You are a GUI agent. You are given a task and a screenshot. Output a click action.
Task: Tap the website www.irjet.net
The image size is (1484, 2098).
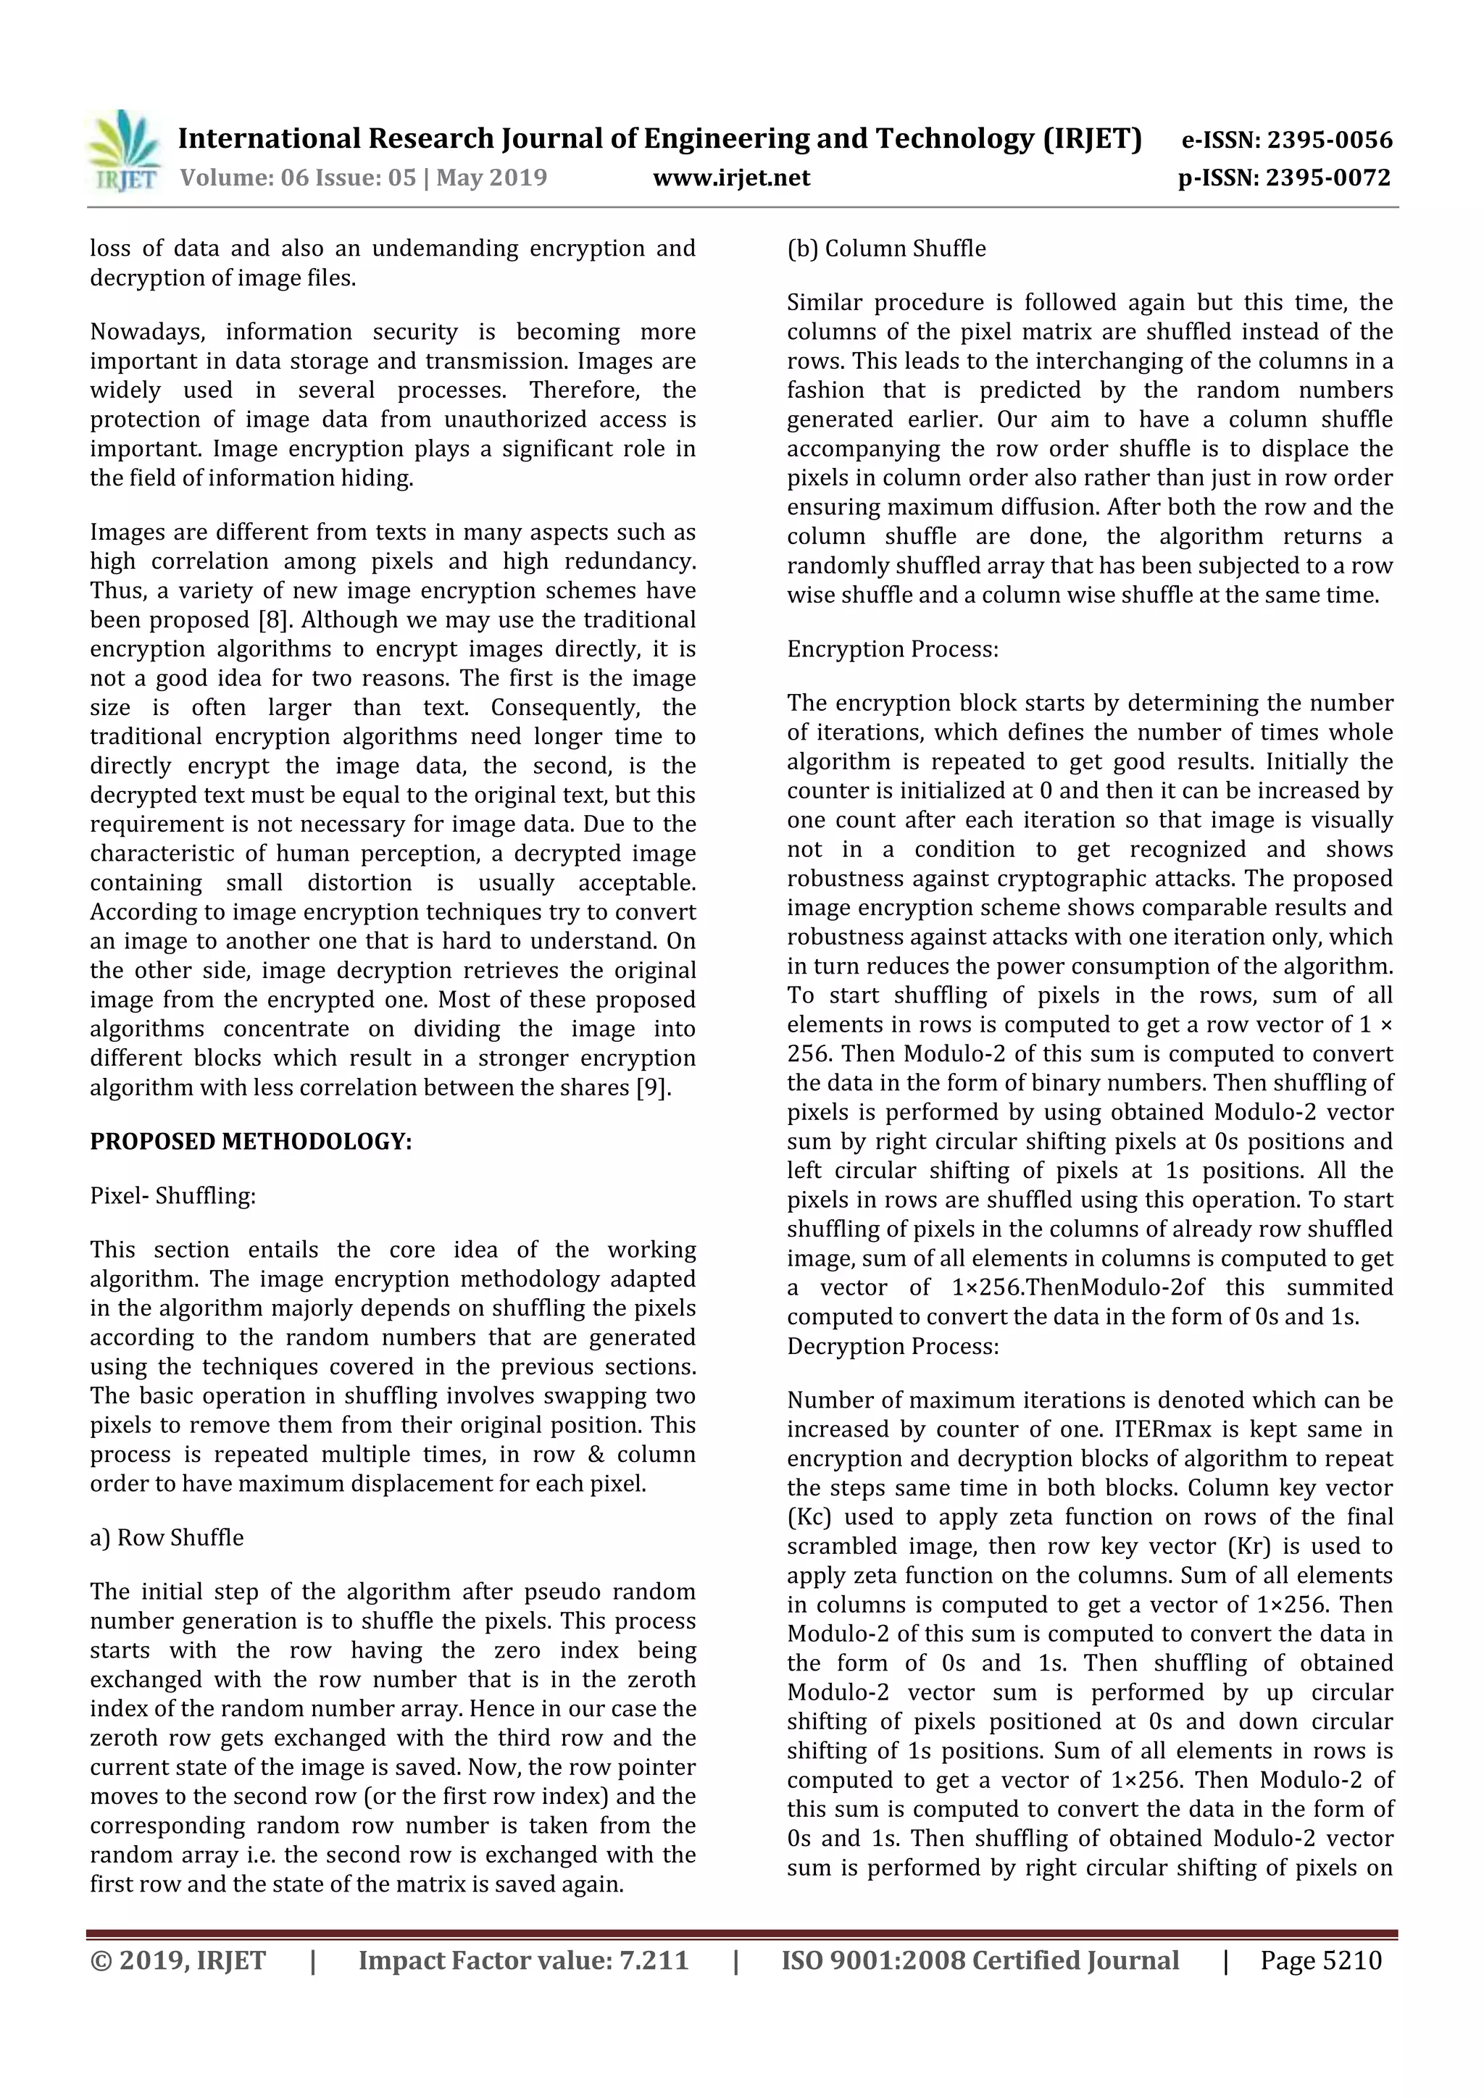(x=731, y=177)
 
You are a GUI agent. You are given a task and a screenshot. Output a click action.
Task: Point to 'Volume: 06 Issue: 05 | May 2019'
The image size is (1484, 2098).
(x=363, y=177)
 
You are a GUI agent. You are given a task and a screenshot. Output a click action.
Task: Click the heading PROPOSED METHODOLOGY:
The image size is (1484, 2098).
(x=251, y=1141)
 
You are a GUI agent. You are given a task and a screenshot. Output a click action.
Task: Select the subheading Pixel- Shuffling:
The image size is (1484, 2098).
(x=172, y=1195)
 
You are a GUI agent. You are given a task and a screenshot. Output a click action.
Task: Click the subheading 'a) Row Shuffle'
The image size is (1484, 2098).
(x=167, y=1537)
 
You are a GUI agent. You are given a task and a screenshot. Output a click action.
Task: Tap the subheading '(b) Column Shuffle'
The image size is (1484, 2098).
(x=886, y=248)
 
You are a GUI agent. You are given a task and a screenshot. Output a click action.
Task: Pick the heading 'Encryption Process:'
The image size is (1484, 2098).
(x=893, y=649)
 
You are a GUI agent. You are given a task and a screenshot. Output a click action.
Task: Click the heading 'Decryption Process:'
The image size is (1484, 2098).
(x=893, y=1346)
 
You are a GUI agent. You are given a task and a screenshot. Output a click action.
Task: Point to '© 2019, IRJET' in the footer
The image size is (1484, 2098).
(x=178, y=1960)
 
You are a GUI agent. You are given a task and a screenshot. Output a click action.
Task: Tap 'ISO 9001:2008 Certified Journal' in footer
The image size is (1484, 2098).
(x=980, y=1960)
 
